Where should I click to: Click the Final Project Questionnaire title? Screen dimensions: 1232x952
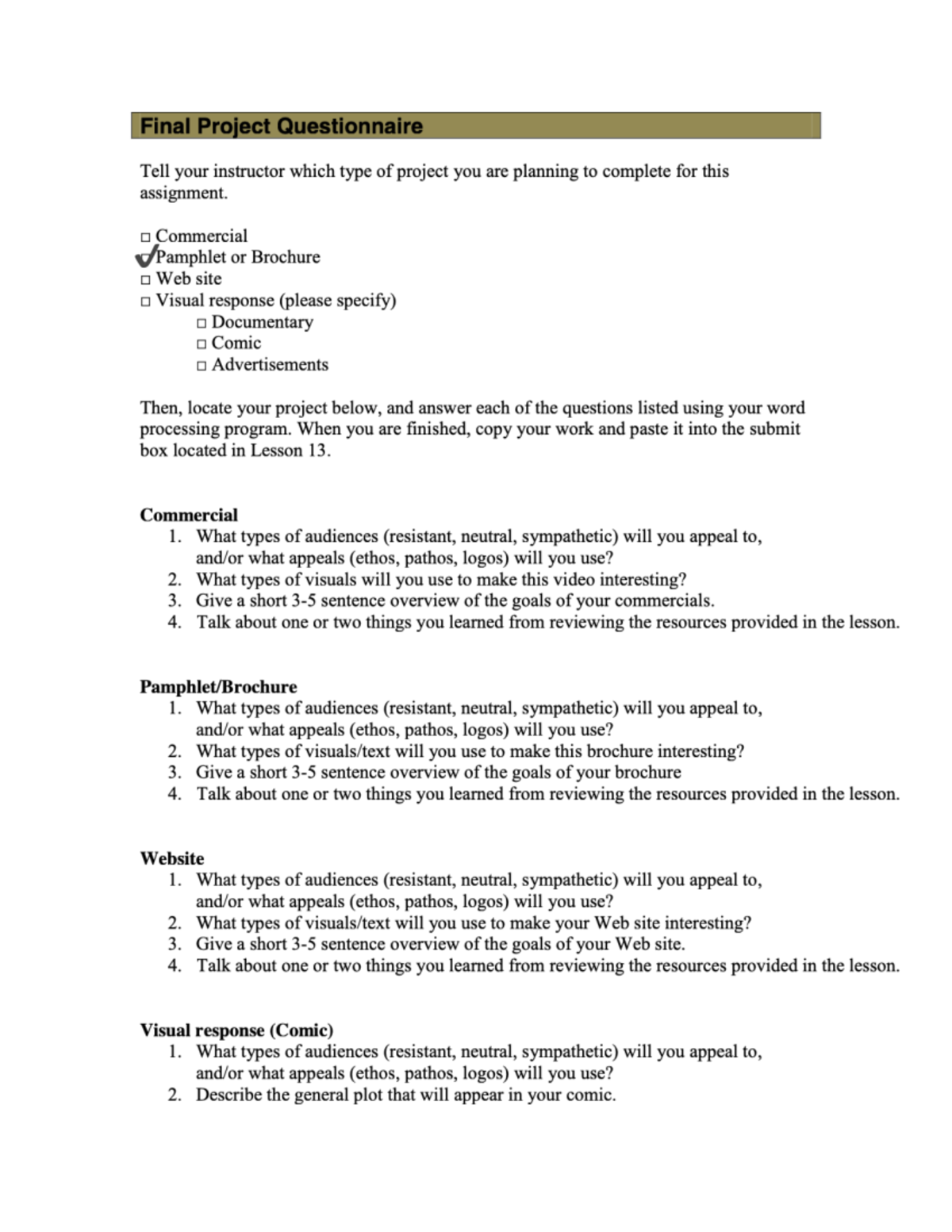coord(281,126)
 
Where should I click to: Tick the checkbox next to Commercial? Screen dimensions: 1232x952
coord(145,237)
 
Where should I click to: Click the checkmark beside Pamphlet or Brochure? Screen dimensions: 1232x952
coord(146,257)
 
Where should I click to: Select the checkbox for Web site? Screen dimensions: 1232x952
coord(145,280)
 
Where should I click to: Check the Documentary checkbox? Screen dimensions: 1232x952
coord(202,323)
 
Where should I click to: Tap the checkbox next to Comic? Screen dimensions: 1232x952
coord(202,344)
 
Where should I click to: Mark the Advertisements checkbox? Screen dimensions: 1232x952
coord(202,366)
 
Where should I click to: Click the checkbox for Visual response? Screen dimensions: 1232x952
coord(145,301)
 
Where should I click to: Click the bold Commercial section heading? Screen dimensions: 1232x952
coord(189,515)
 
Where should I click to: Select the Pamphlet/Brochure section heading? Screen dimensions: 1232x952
coord(218,687)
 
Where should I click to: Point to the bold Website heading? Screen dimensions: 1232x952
coord(172,858)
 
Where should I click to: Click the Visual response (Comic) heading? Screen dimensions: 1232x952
coord(236,1031)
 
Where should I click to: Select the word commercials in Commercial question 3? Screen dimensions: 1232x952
coord(662,601)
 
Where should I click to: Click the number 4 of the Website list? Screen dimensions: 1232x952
coord(174,966)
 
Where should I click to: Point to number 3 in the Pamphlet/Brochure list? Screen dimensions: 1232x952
coord(174,773)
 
